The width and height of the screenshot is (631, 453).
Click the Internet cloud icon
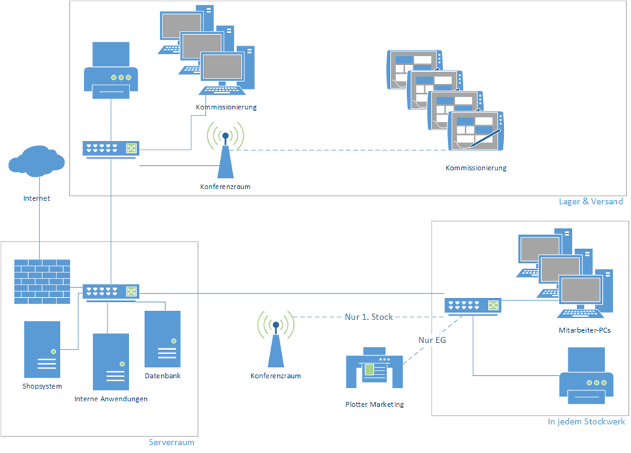(38, 163)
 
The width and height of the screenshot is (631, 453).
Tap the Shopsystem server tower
(42, 349)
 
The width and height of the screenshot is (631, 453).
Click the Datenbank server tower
(162, 338)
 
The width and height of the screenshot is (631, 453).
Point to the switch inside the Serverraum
(111, 291)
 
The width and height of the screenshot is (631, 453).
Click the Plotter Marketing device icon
(374, 368)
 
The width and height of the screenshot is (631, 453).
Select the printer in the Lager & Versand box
(111, 70)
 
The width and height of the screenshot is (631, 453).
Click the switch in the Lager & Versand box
(111, 148)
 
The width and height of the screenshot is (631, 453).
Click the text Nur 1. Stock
(369, 317)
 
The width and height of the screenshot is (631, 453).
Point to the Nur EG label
(432, 340)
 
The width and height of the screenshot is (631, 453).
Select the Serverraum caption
(171, 442)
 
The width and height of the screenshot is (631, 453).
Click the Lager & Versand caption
(591, 201)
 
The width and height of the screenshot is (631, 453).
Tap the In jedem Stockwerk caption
(586, 421)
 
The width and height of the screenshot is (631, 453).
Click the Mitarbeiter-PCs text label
(585, 330)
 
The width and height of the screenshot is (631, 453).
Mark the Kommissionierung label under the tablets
(476, 168)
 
